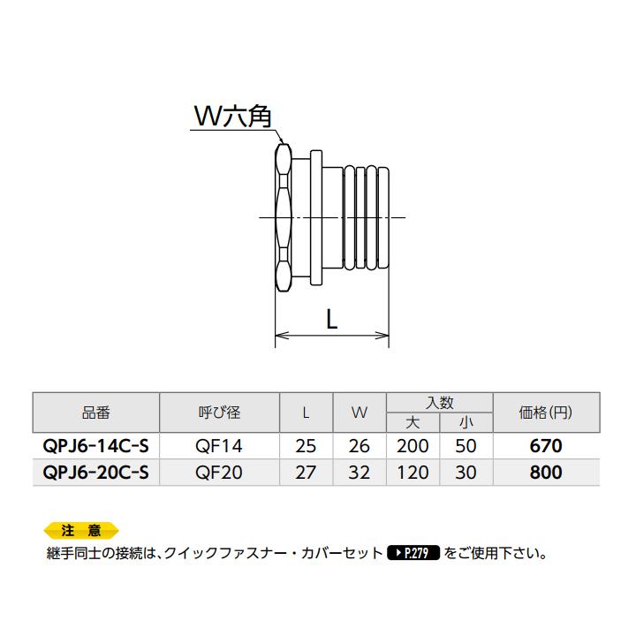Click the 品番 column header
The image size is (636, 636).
pos(96,413)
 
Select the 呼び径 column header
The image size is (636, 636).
pos(219,413)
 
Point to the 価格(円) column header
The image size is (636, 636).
pos(545,413)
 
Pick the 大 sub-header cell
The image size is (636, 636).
pos(413,424)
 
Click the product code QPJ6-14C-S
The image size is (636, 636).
pos(96,447)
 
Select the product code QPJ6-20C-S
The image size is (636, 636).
pos(96,473)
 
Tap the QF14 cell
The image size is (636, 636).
pos(219,447)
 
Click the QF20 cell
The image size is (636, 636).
pos(219,473)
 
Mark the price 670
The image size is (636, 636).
pos(545,447)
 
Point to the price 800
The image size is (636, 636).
pos(545,473)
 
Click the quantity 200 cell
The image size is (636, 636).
pos(413,447)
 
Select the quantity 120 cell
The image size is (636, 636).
pos(413,473)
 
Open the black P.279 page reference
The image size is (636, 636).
pos(413,555)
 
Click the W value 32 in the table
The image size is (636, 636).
pos(360,473)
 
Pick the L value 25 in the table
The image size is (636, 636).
pos(306,447)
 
